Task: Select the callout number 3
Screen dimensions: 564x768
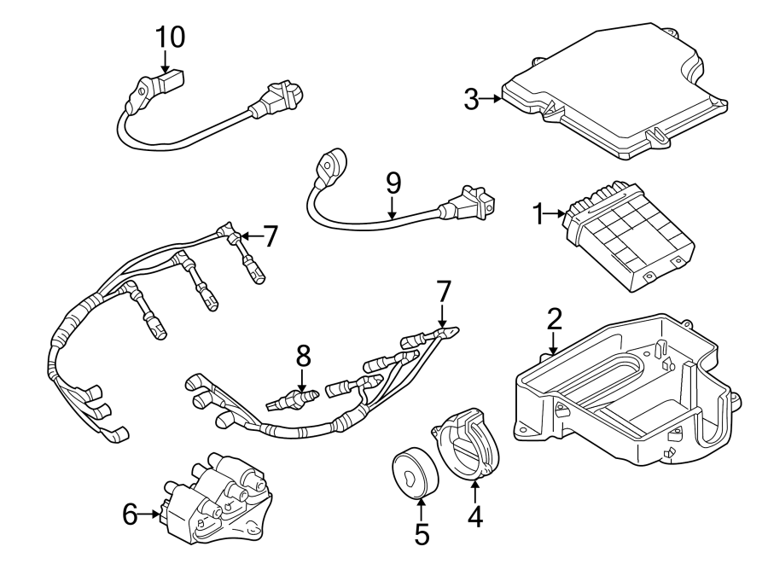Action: click(x=471, y=99)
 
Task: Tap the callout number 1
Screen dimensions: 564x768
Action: click(x=538, y=215)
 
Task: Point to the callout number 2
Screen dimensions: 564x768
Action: click(x=554, y=319)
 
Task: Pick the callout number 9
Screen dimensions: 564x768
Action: click(x=393, y=183)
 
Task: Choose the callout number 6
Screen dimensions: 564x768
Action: click(x=130, y=514)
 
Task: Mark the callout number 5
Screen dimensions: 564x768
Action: click(x=422, y=534)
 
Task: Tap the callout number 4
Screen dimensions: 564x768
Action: click(x=474, y=516)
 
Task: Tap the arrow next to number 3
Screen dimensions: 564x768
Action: click(x=492, y=99)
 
